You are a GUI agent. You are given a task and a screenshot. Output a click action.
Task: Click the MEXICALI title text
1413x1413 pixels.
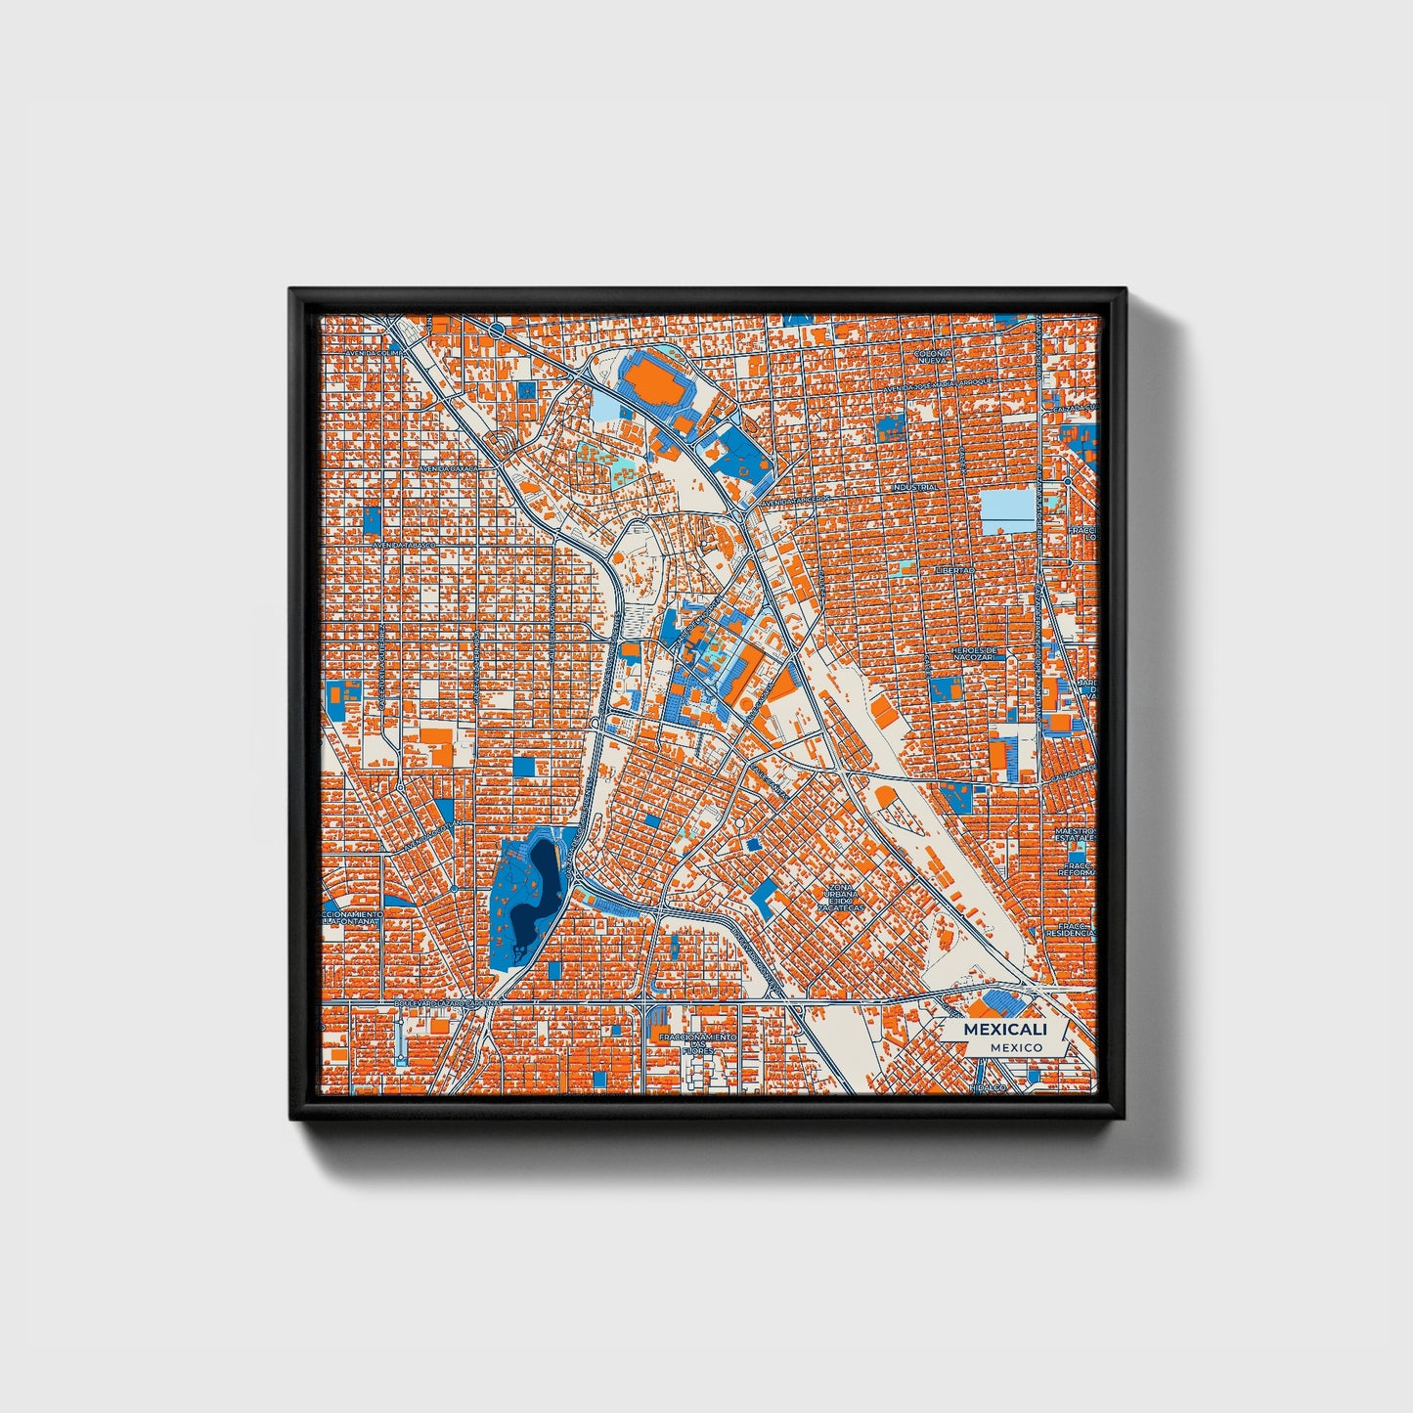[1005, 1029]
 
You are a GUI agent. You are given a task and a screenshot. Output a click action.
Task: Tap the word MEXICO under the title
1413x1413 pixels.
[1016, 1047]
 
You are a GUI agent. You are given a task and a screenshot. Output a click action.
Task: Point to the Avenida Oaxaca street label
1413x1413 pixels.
[451, 469]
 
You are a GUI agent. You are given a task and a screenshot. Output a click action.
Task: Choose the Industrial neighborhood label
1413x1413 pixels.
[914, 487]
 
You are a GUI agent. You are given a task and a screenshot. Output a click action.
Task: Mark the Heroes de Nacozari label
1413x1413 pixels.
[976, 653]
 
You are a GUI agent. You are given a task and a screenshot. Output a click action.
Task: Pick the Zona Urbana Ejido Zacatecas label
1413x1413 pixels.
[843, 897]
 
